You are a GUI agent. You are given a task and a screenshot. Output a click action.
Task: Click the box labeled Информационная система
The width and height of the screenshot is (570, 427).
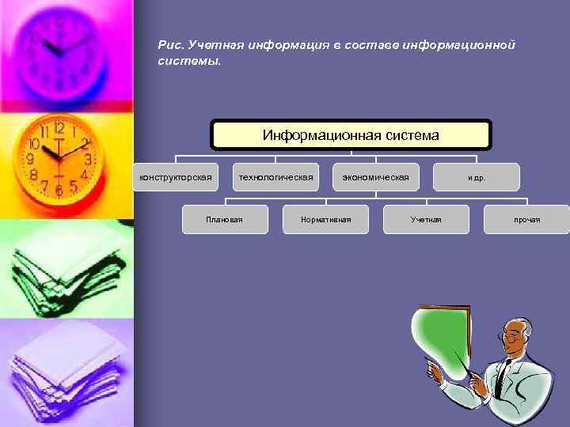tap(351, 135)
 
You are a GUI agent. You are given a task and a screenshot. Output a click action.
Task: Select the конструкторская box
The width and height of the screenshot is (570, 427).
tap(176, 177)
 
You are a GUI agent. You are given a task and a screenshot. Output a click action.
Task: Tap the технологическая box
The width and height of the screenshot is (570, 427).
tap(276, 177)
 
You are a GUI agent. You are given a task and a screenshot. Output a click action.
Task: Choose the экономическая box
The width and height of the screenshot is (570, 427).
tap(376, 177)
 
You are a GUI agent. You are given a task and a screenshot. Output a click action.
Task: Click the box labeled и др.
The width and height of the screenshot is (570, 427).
tap(477, 177)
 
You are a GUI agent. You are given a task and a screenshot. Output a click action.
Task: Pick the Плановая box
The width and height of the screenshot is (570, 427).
tap(225, 219)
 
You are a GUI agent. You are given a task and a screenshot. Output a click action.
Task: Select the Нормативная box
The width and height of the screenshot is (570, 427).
tap(325, 219)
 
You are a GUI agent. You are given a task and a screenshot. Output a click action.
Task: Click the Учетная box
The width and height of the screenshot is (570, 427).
tap(426, 219)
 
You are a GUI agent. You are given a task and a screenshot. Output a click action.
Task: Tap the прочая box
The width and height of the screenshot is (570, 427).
tap(526, 219)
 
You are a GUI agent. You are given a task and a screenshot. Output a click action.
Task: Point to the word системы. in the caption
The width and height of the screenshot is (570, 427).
tap(189, 61)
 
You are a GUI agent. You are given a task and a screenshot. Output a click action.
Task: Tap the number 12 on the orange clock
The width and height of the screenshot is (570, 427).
tap(59, 127)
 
